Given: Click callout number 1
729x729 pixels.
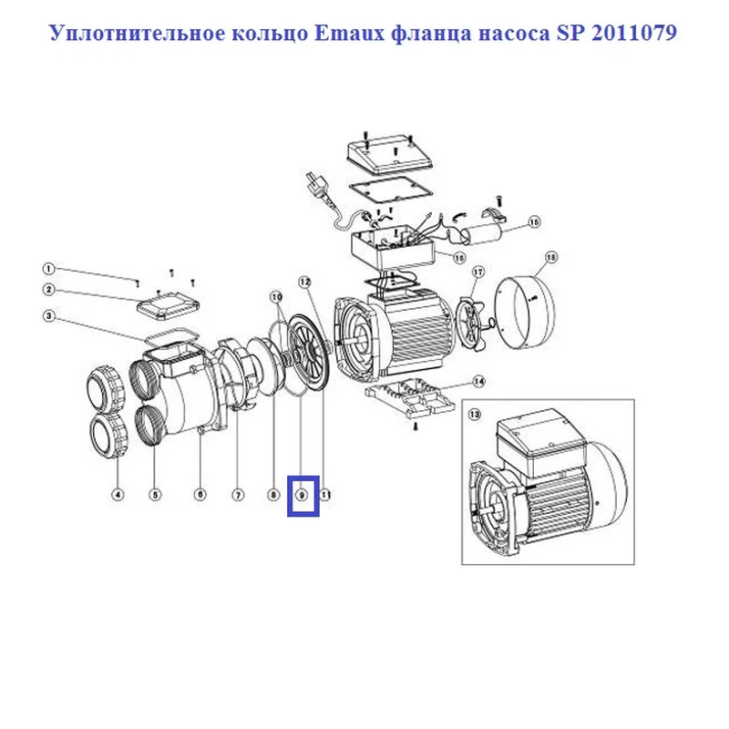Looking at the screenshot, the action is (48, 269).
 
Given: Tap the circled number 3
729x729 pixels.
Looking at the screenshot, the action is (48, 316).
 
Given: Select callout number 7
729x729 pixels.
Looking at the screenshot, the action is (238, 495).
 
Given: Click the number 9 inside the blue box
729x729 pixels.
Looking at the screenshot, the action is (303, 495).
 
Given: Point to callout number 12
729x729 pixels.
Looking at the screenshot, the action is (304, 282).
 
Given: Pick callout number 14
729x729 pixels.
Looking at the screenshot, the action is (478, 382).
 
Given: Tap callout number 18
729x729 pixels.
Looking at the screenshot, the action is (551, 257).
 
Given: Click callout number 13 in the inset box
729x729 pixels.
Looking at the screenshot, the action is (475, 414).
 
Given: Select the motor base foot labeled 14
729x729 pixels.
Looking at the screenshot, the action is (409, 397).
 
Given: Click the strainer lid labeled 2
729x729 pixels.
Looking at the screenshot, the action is (169, 305).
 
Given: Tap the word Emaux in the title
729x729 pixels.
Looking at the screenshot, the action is (350, 33).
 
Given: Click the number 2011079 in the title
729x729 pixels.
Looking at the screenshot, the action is (633, 33).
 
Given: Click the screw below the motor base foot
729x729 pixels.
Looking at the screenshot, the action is (416, 426).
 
